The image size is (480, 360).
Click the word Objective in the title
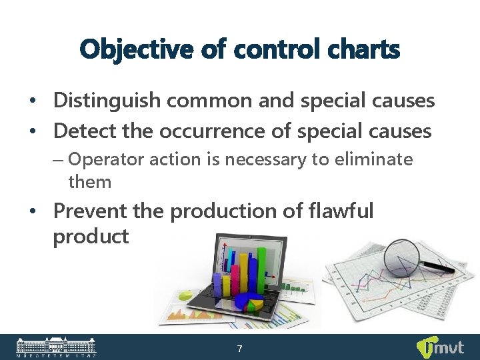127,49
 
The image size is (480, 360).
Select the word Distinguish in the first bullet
107,101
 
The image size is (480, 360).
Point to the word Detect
85,131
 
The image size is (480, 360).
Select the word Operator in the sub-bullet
101,159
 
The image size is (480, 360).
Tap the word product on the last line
91,236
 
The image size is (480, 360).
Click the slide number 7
240,349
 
